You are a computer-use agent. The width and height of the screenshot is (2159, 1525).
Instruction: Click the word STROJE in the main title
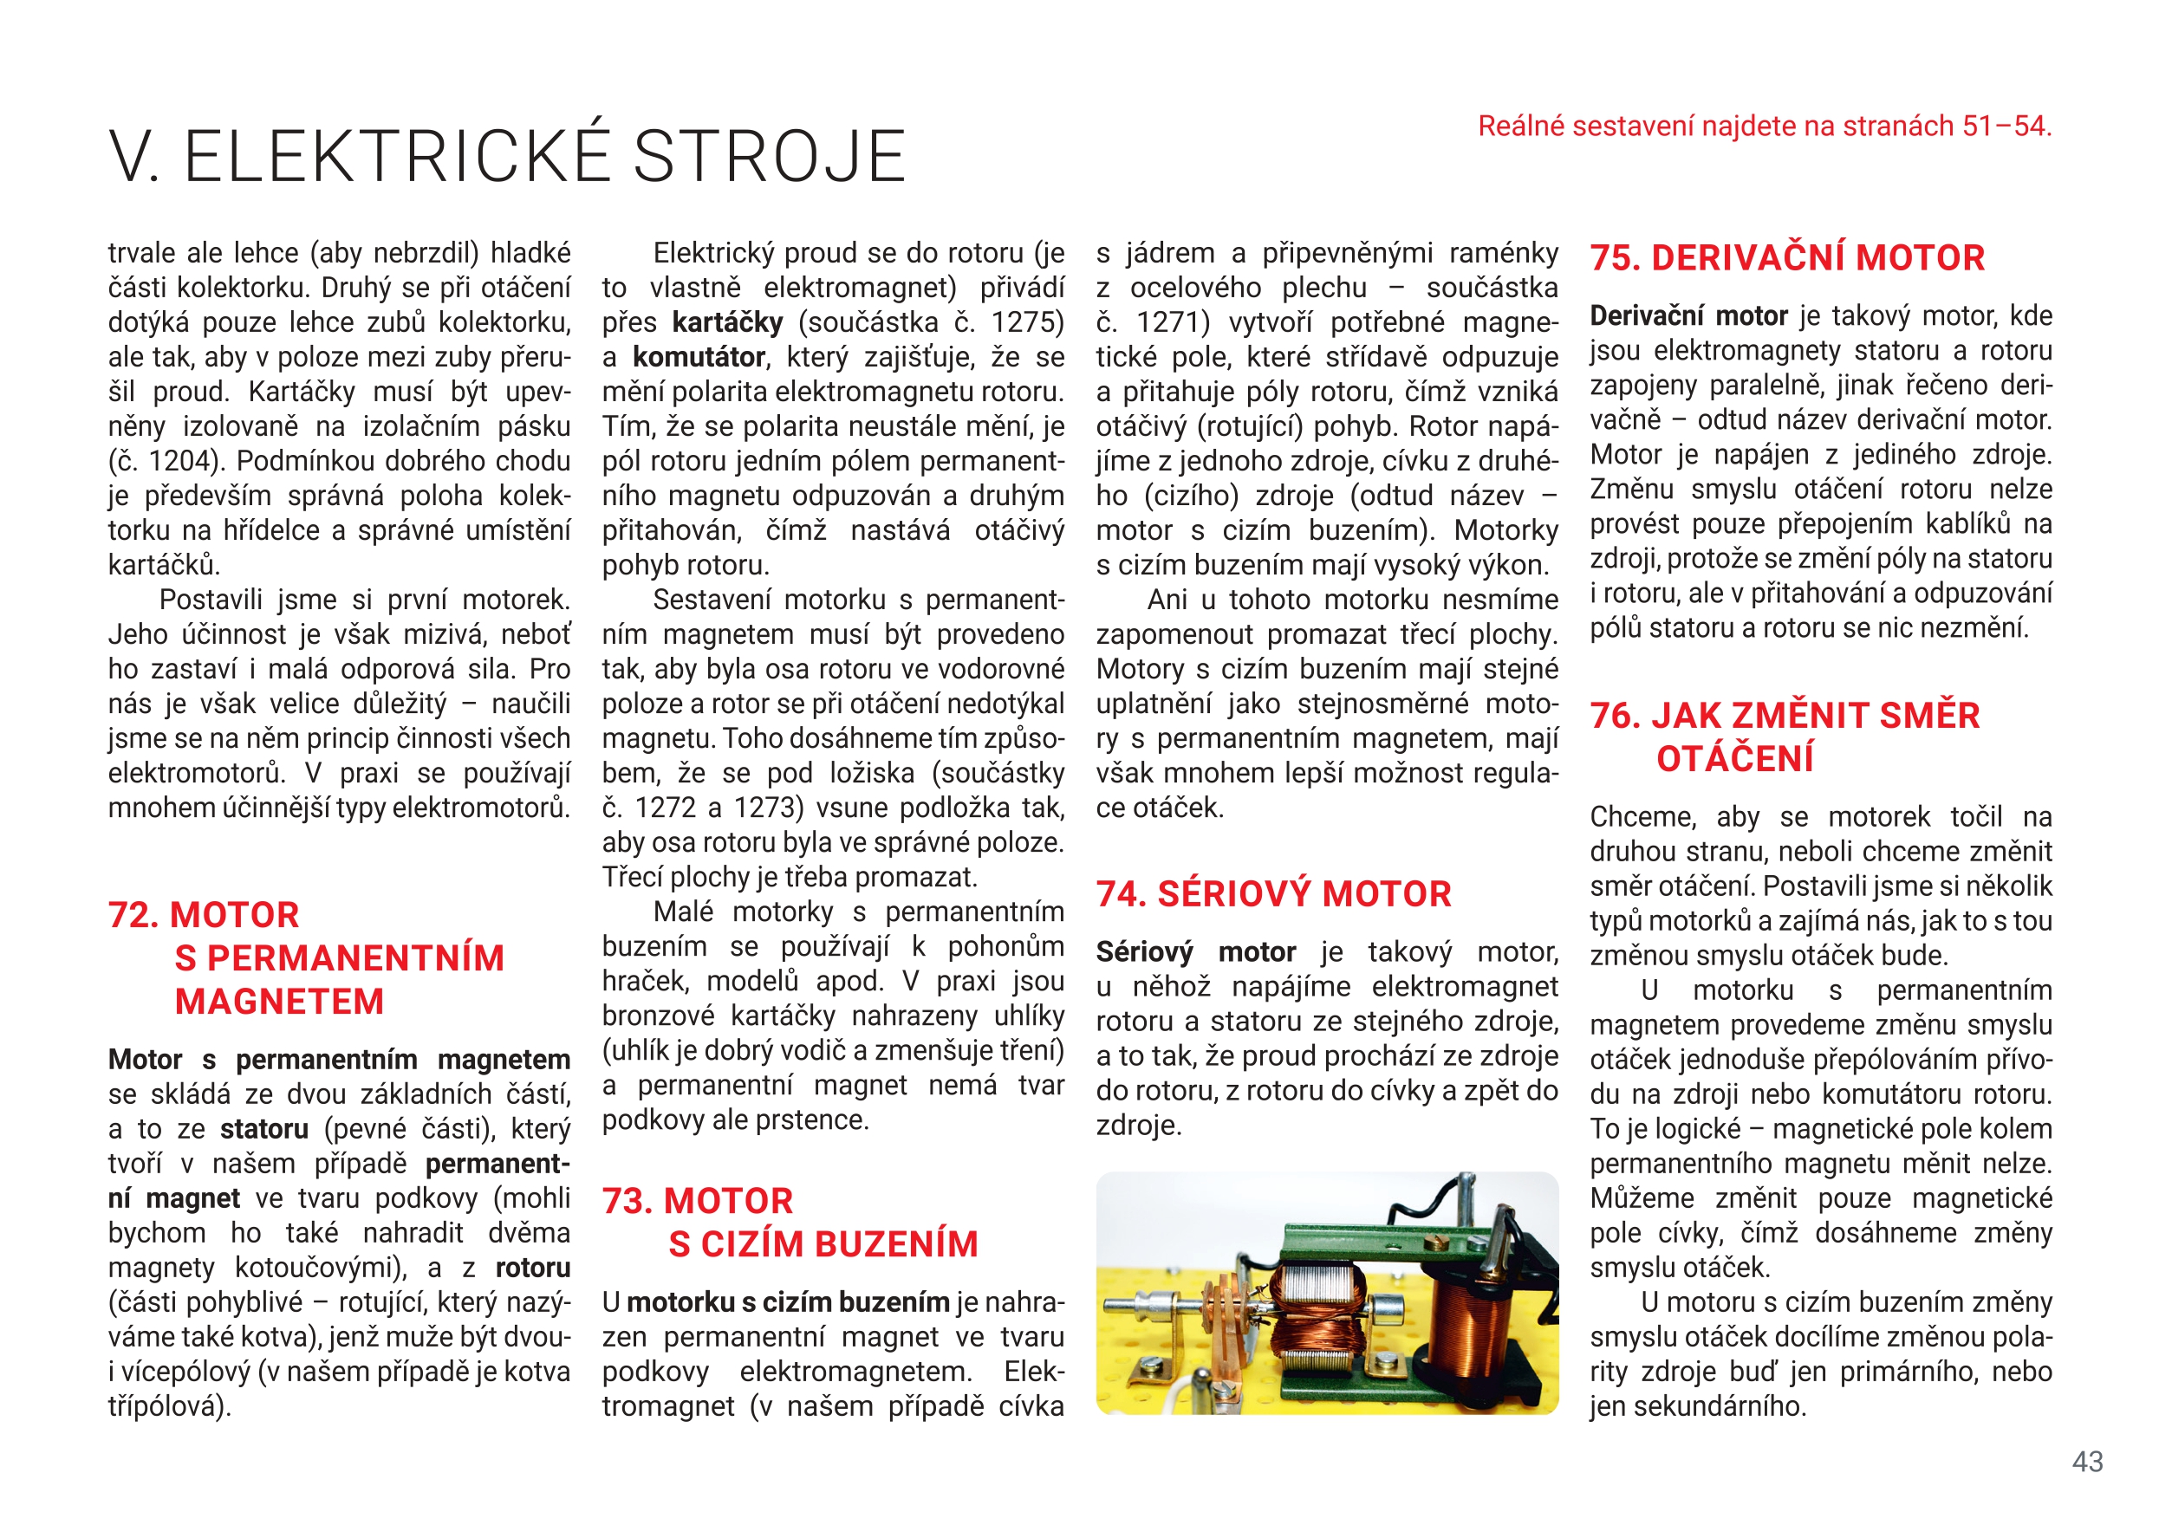click(769, 156)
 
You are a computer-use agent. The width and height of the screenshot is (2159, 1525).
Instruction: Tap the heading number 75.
click(1614, 258)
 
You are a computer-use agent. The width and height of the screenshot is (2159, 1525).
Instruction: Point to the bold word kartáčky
click(727, 322)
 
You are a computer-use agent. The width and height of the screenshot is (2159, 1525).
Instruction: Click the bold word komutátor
click(699, 357)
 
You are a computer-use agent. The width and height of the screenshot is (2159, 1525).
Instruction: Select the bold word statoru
click(264, 1129)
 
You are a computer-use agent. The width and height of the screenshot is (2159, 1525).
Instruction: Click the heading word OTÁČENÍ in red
click(1735, 759)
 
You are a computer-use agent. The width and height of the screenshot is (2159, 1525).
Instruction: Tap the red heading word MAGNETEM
click(279, 1003)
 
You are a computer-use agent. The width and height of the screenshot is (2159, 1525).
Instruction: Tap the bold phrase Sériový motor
click(1195, 952)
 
